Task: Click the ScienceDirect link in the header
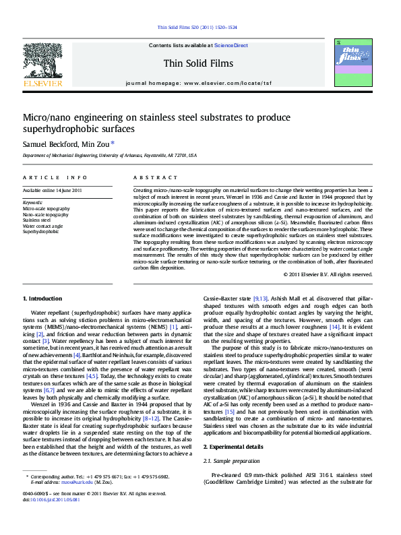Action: click(231, 45)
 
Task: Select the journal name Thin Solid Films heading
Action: click(198, 64)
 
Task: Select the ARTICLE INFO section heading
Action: click(55, 177)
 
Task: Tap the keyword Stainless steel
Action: click(36, 220)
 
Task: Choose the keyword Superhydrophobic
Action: click(41, 231)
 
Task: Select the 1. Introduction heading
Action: click(42, 298)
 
